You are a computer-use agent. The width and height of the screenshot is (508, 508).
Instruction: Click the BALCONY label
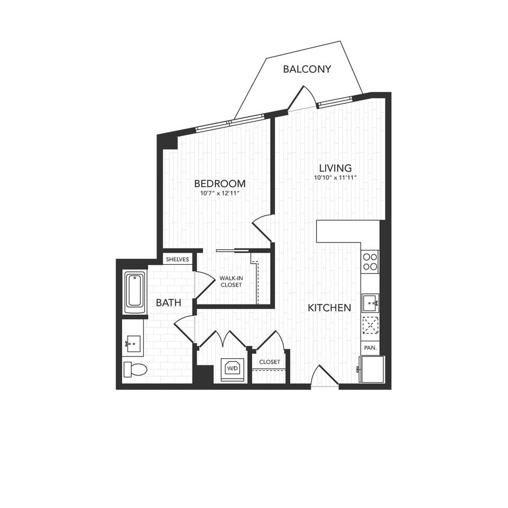(x=307, y=69)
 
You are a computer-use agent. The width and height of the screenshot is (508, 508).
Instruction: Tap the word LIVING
(x=335, y=169)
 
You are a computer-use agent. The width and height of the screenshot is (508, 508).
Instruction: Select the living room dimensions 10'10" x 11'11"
(x=335, y=178)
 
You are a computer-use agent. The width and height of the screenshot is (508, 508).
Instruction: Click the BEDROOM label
(x=220, y=184)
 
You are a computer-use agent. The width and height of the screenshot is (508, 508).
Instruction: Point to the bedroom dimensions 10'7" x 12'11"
(x=220, y=193)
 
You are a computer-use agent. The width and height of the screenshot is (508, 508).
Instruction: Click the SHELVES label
(x=178, y=259)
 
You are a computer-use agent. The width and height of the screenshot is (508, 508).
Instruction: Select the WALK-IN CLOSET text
(x=231, y=281)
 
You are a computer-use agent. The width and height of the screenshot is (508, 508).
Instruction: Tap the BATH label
(x=169, y=303)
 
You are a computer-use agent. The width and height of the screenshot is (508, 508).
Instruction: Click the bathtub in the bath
(x=135, y=292)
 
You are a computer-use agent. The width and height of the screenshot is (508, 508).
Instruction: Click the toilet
(x=135, y=369)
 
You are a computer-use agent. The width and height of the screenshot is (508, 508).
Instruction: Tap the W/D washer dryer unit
(x=232, y=369)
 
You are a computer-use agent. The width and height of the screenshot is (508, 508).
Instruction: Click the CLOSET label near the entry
(x=270, y=362)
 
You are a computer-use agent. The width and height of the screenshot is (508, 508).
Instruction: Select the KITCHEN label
(x=329, y=308)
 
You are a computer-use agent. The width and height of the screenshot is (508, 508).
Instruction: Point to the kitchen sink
(x=370, y=302)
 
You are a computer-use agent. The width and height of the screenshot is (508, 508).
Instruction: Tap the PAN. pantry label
(x=370, y=348)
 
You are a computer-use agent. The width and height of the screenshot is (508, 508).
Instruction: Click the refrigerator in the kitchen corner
(x=371, y=369)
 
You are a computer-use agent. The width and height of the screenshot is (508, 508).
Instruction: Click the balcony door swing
(x=303, y=100)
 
